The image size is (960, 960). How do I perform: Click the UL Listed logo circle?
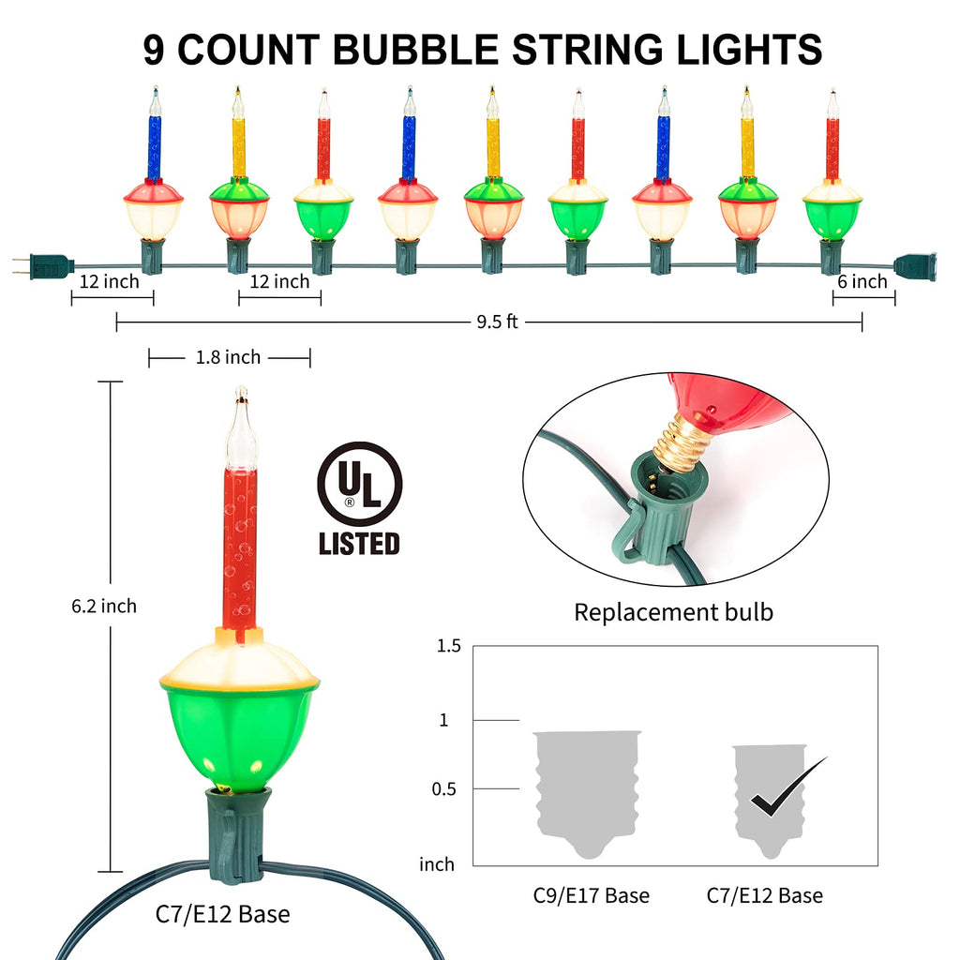(x=359, y=484)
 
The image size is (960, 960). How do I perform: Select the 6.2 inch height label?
(x=104, y=607)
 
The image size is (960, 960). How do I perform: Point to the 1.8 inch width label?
(x=229, y=357)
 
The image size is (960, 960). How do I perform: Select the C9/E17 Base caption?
(x=591, y=896)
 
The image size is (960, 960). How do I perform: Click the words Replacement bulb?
(x=673, y=613)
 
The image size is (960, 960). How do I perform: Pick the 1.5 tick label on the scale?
(x=449, y=646)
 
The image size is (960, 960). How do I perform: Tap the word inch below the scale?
(x=437, y=864)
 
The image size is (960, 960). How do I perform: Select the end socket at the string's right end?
(x=914, y=266)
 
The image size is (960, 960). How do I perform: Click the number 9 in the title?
(x=155, y=49)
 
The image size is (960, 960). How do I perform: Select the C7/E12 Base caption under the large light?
(x=222, y=914)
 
